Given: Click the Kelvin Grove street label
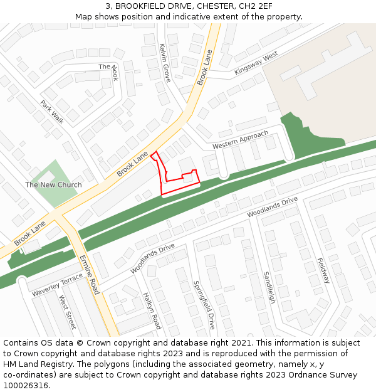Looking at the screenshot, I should click(165, 63).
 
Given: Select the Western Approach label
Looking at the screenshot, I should click(240, 139).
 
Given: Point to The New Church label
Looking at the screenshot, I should click(53, 184).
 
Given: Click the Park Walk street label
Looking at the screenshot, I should click(52, 112).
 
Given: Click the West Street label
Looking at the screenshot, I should click(68, 312).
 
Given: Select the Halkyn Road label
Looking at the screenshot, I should click(152, 310).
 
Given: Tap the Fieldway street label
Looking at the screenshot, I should click(323, 270).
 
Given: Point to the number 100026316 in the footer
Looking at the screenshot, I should click(26, 385).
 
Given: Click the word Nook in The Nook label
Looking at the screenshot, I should click(114, 75).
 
